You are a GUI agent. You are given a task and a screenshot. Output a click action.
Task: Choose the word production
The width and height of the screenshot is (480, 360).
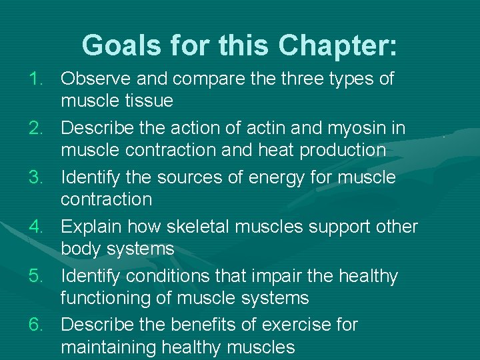tap(343, 150)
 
